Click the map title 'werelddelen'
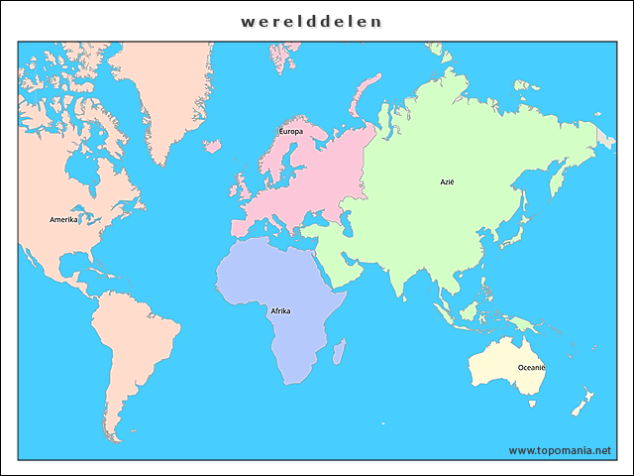point(311,21)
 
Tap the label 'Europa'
point(291,131)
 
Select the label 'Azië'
point(449,181)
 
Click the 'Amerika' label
point(63,219)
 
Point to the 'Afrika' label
point(280,310)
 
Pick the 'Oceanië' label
point(531,367)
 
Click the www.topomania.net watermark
point(560,450)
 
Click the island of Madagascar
point(339,350)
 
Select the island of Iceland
point(212,145)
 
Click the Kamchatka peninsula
point(561,179)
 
